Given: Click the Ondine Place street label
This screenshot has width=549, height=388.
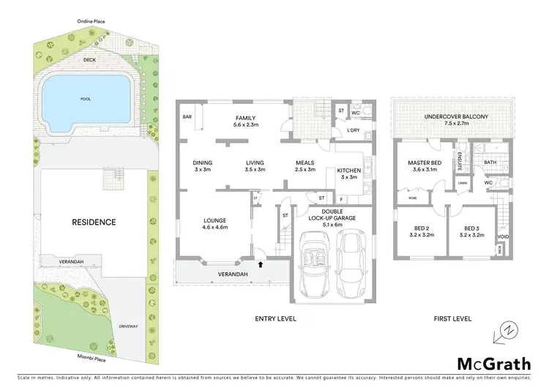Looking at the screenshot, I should coord(91,22).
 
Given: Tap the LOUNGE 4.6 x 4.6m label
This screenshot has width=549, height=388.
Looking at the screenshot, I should coord(214,224).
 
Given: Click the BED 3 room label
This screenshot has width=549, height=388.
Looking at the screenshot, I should coord(470,235).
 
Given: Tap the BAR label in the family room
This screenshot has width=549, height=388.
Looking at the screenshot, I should coord(187,117).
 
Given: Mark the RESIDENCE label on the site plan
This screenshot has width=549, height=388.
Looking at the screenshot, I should coord(94,221).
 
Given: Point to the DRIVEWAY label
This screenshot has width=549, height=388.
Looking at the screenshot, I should coord(129,325).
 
